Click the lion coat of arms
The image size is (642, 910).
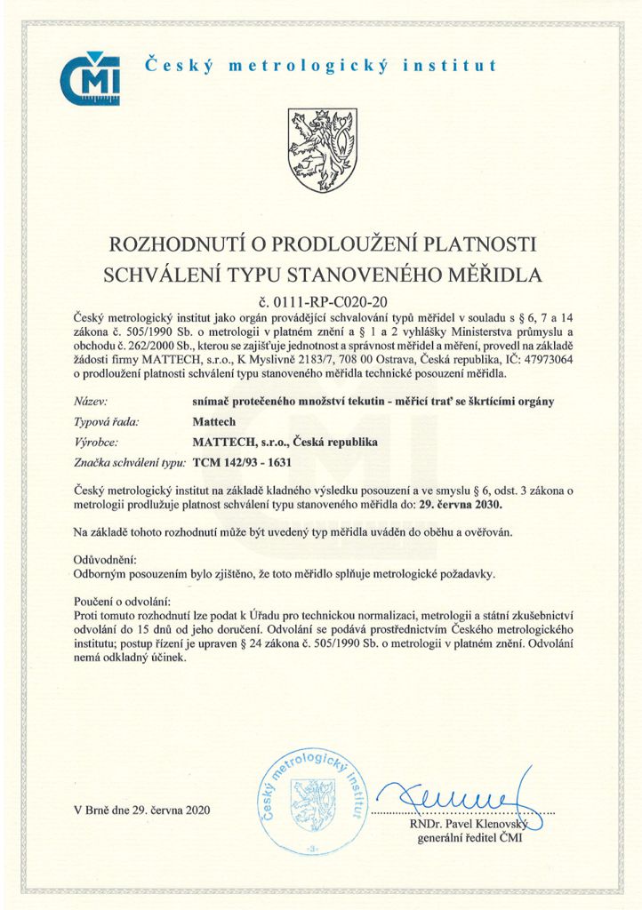(322, 150)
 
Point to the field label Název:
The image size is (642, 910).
(93, 401)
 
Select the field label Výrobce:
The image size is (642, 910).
(99, 442)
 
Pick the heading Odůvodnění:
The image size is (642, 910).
(105, 561)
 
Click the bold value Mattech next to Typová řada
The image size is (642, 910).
(212, 421)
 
